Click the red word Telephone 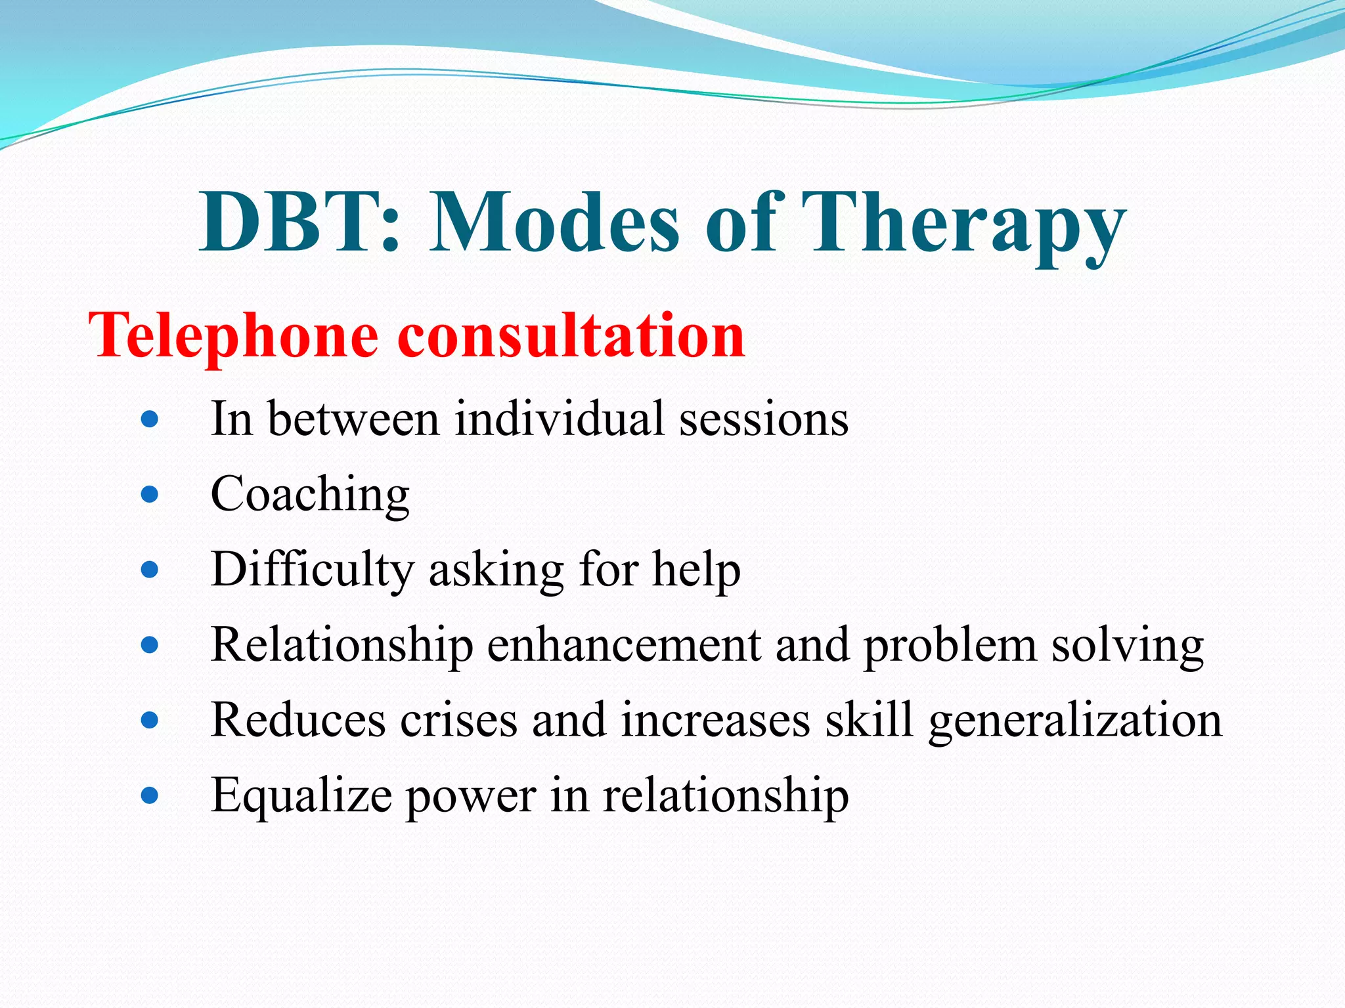(x=233, y=336)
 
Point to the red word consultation (x=571, y=336)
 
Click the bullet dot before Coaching (x=150, y=494)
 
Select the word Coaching (x=310, y=494)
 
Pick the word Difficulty (x=313, y=570)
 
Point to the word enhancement (x=624, y=645)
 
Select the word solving (x=1127, y=645)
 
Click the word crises (x=459, y=720)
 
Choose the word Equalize (x=301, y=796)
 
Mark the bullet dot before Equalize (x=150, y=796)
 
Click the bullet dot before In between (x=150, y=419)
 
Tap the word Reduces (x=298, y=720)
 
